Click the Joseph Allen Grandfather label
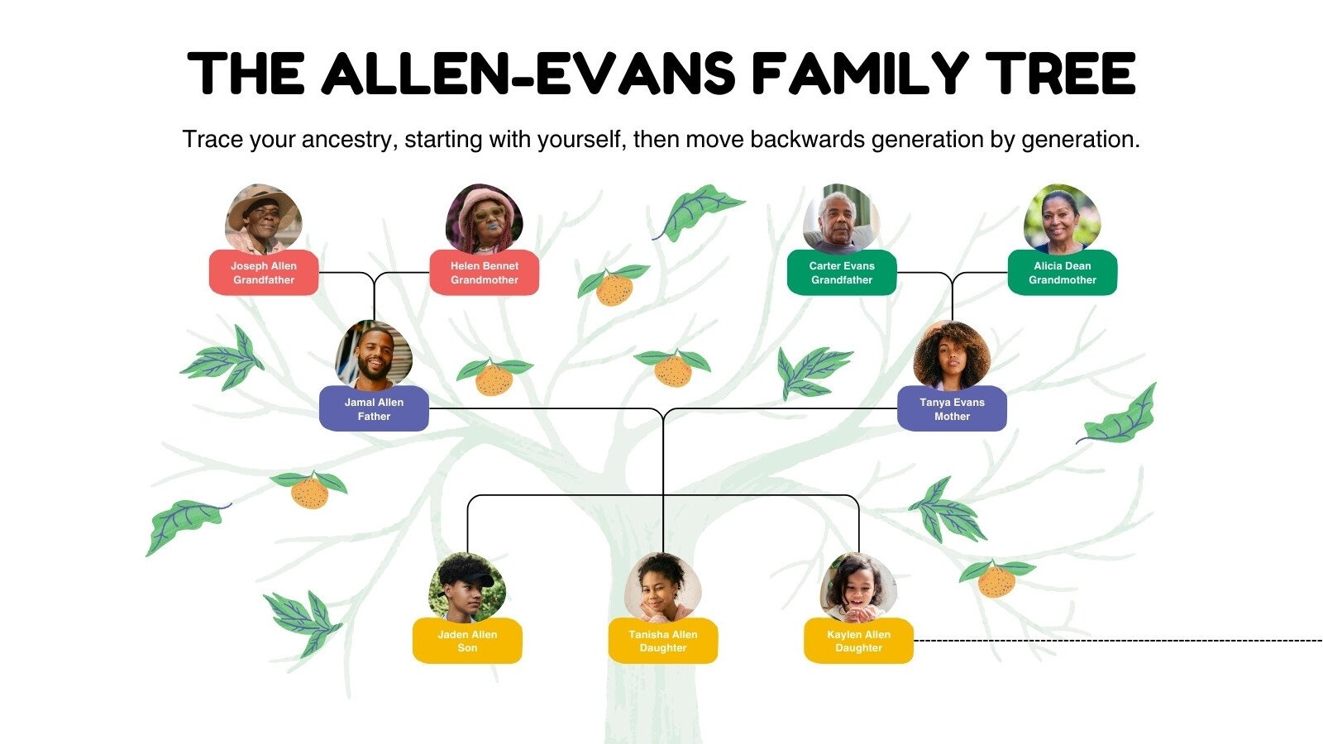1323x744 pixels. [x=263, y=273]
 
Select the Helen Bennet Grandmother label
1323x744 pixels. [x=484, y=273]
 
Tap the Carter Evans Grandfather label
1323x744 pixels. [x=841, y=273]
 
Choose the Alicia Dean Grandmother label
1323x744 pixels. [x=1062, y=273]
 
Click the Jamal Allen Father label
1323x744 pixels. [x=374, y=409]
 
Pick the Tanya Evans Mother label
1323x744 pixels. [x=952, y=409]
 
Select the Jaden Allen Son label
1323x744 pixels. [x=467, y=641]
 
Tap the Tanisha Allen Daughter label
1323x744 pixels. [x=662, y=641]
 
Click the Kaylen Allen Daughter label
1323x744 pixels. [x=858, y=641]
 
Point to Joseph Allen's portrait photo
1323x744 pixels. [x=263, y=218]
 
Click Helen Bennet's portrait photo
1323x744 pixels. [x=484, y=218]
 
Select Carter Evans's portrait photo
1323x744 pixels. [x=841, y=218]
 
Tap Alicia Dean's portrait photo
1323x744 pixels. [x=1062, y=218]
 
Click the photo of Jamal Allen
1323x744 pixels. [x=374, y=355]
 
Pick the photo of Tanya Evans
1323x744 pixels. [x=952, y=355]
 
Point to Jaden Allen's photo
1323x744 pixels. [x=467, y=587]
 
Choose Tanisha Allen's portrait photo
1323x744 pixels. [x=662, y=587]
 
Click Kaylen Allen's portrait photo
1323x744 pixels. [x=858, y=587]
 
